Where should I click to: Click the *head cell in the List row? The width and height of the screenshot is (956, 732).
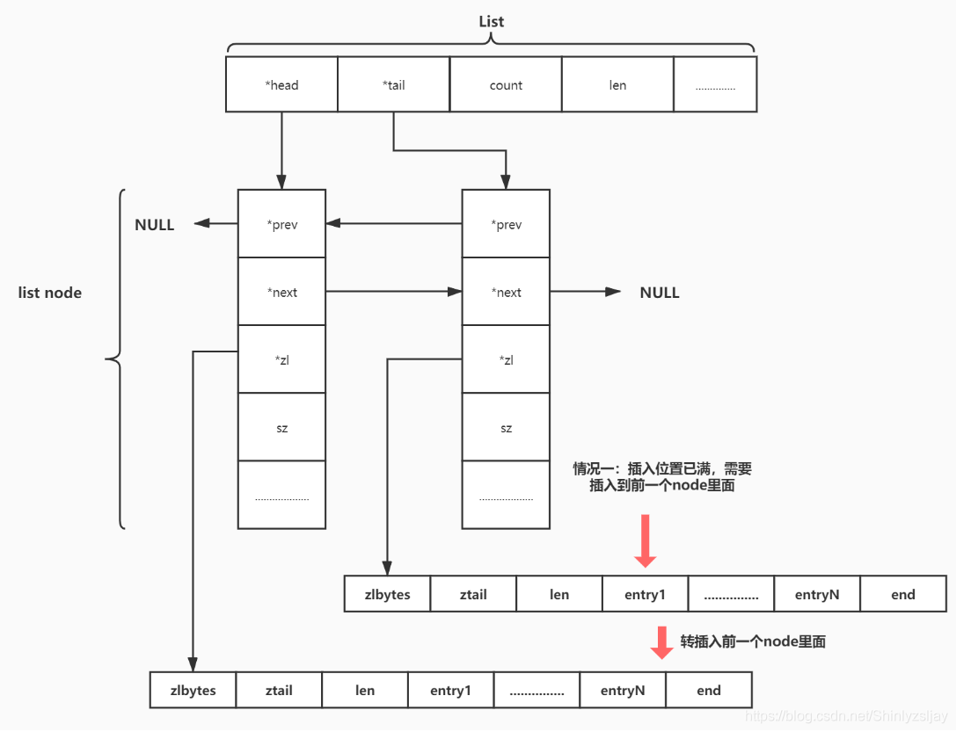282,85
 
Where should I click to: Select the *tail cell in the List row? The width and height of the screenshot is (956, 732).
393,85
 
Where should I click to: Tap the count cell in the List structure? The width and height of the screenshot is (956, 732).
506,85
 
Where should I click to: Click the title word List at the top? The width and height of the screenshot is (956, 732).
491,21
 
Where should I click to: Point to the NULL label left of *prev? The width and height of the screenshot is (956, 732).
155,225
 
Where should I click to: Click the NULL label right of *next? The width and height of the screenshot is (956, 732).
660,293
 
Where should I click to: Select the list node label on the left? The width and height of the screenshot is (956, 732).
50,293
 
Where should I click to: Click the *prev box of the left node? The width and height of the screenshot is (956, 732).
282,225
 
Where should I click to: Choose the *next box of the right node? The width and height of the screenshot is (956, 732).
506,293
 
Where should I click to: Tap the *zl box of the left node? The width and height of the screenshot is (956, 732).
282,360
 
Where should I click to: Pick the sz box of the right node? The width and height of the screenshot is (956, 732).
506,429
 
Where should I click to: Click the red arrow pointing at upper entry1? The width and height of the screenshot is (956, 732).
646,541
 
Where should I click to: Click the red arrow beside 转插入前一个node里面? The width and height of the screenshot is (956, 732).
661,642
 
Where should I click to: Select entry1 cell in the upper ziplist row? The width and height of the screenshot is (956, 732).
646,595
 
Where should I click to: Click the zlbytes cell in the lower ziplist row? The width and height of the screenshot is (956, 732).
193,691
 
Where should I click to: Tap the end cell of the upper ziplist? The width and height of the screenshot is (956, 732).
903,595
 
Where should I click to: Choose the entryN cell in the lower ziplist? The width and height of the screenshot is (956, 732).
623,691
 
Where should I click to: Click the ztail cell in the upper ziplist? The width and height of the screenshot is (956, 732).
473,595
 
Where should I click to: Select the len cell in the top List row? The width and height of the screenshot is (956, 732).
617,85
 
